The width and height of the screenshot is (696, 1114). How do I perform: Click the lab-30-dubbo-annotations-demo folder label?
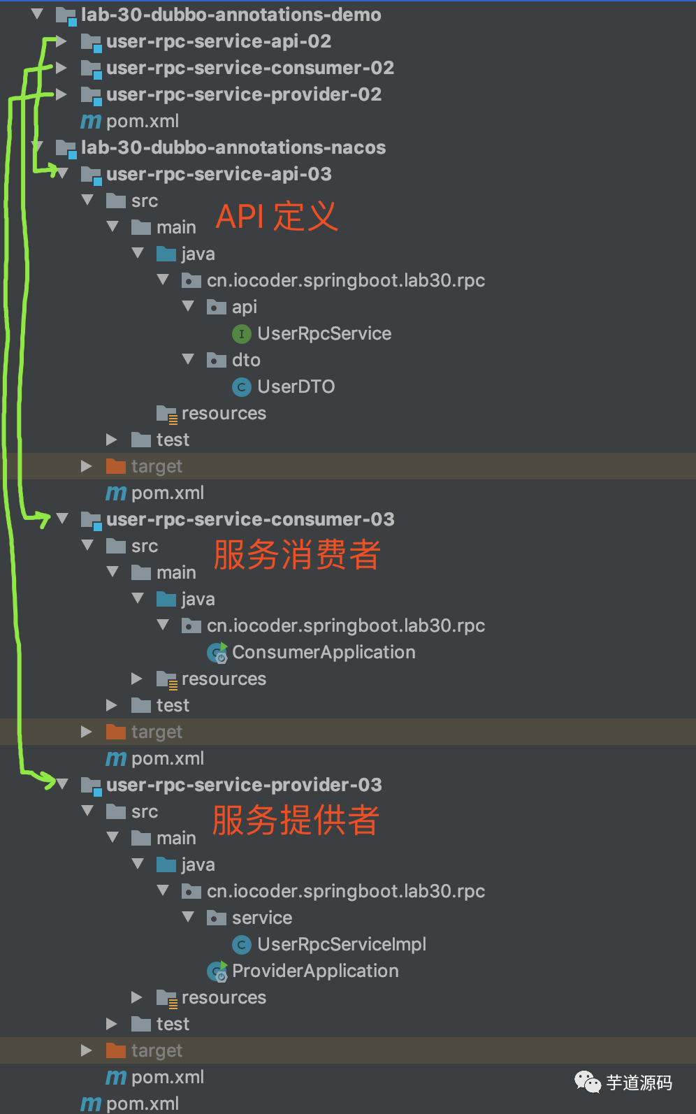231,15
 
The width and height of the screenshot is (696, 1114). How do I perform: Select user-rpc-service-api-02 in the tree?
218,41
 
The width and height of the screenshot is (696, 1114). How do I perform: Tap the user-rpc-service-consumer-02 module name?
249,68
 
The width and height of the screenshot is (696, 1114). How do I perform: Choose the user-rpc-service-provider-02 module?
243,94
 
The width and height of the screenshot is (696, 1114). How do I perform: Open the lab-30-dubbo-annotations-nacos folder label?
233,147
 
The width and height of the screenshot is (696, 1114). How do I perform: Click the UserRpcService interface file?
324,333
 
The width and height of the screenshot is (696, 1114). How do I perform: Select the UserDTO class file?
296,386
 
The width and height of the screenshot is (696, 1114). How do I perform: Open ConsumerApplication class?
323,652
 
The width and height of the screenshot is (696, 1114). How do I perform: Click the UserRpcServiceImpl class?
341,944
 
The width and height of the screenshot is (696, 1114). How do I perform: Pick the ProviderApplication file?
314,971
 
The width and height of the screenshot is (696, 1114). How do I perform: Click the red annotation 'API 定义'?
277,216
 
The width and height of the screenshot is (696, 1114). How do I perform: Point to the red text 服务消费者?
297,554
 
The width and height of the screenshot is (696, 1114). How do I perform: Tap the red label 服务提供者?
296,820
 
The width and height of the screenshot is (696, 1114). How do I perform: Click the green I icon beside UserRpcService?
241,334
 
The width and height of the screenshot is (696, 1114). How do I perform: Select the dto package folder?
245,360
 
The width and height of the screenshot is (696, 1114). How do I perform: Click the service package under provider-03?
261,918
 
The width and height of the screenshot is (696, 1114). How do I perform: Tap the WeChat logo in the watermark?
587,1083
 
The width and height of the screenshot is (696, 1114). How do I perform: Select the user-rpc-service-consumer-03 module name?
249,519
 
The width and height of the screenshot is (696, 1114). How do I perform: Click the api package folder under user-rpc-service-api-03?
244,307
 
